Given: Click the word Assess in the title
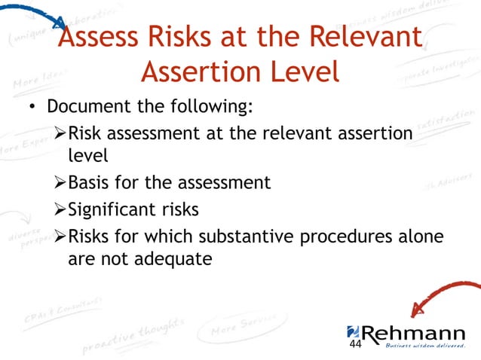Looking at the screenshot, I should (100, 37).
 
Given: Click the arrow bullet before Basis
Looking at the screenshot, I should (60, 182).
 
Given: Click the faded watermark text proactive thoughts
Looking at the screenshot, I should (132, 336).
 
